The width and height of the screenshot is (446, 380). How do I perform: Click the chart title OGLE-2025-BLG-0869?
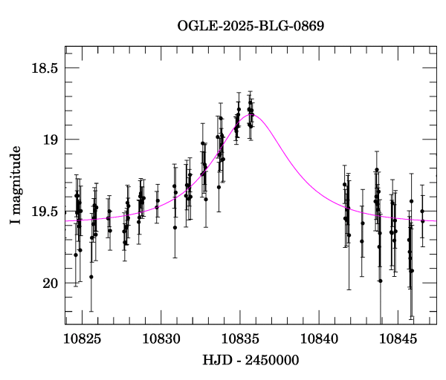pos(251,26)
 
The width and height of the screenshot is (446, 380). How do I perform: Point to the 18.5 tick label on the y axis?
pos(43,68)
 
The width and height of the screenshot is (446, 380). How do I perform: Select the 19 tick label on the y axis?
pos(50,140)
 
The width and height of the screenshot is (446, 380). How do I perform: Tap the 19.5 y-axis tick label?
pos(43,212)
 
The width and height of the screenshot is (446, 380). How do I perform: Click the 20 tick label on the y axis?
pos(50,284)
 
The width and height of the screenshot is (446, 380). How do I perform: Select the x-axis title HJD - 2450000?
pos(251,360)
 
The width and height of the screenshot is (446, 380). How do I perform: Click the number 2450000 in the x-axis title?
pos(272,360)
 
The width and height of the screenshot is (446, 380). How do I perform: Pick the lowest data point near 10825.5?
pos(91,277)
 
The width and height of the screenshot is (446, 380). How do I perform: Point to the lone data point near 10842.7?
pos(362,240)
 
